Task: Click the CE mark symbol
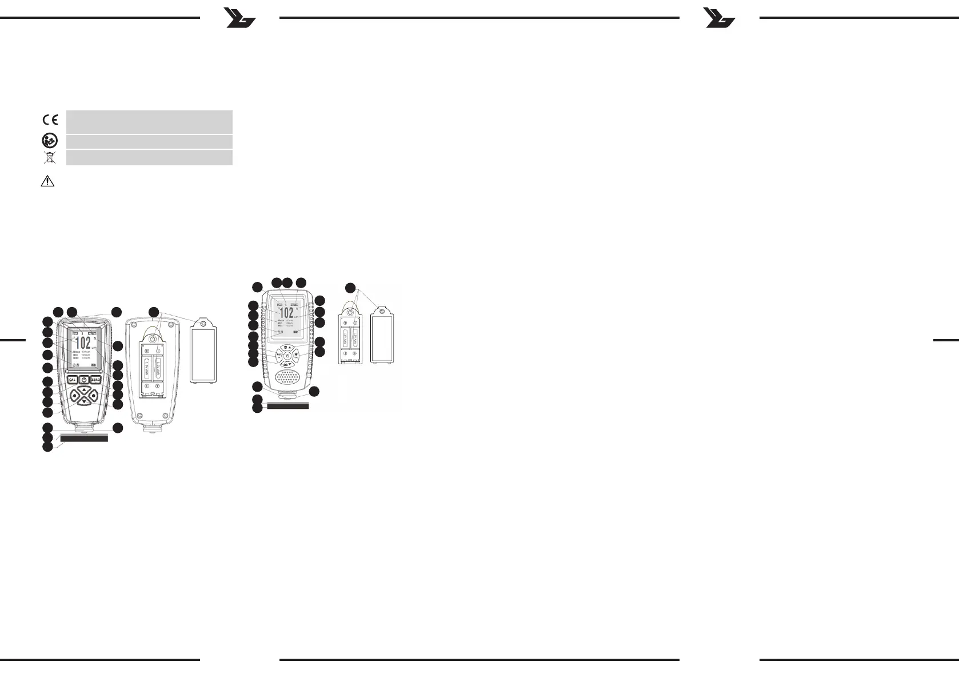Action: pos(50,120)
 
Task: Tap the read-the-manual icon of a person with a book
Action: pos(50,141)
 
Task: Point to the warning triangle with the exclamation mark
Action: pos(47,181)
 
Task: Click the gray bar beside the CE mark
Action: pos(149,122)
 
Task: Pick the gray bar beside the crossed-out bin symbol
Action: pos(149,157)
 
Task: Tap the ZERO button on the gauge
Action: pos(95,380)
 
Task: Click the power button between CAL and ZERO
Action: pos(83,380)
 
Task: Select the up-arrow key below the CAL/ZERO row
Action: pos(84,391)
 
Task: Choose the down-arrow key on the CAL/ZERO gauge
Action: pos(84,403)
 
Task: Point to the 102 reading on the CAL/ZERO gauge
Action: pos(83,343)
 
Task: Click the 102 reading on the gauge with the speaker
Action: pos(286,312)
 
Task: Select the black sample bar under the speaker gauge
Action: pos(288,406)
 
